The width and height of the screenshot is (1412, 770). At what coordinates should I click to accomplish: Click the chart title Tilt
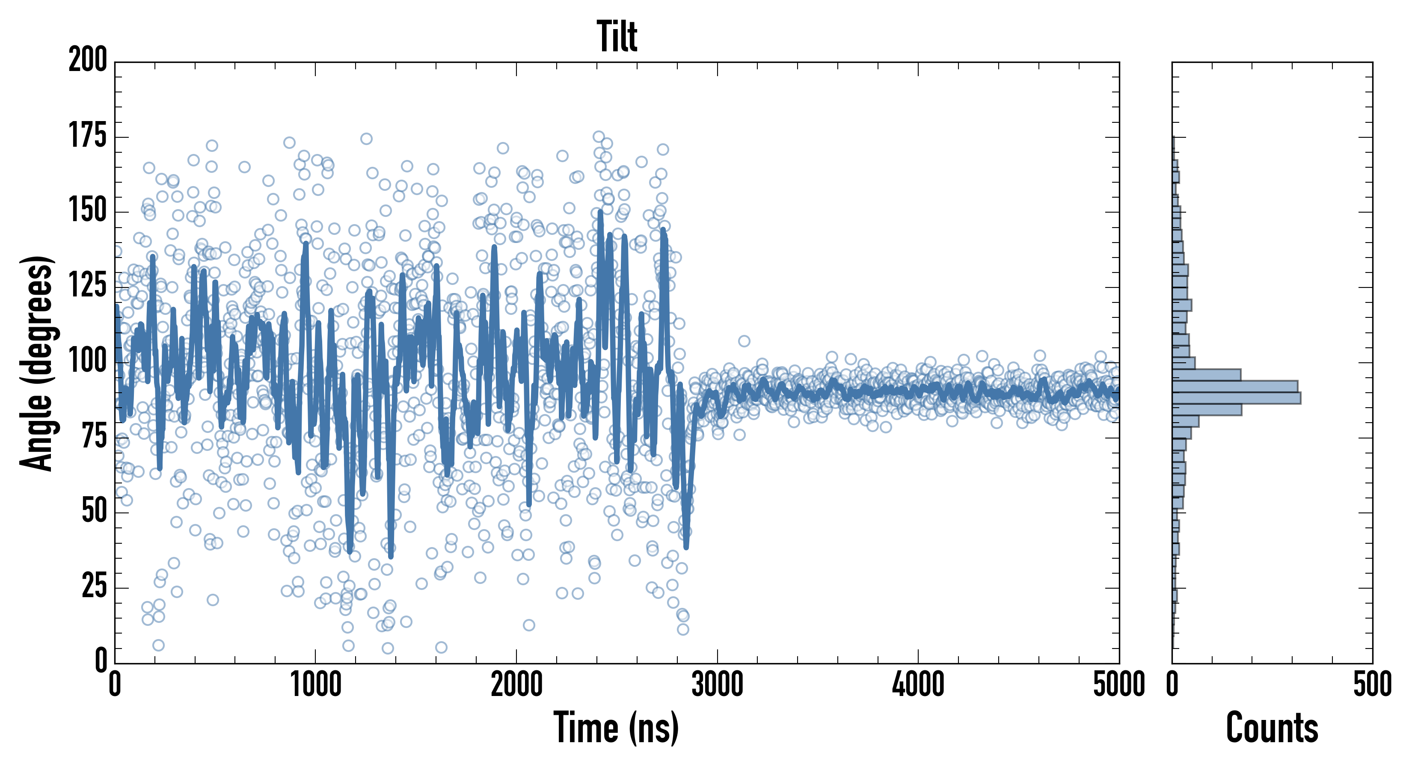(617, 37)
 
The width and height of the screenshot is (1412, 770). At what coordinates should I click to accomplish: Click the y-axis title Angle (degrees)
(37, 363)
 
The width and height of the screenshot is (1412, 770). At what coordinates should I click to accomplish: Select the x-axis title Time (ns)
(616, 727)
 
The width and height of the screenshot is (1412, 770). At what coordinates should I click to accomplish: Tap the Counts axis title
(1272, 727)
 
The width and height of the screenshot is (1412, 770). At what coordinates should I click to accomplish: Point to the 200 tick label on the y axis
(88, 60)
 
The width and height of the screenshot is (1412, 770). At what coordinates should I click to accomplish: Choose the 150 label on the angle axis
(88, 210)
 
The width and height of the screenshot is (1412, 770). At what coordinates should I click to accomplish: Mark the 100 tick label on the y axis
(88, 361)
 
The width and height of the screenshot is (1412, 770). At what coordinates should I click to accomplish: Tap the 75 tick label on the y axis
(94, 437)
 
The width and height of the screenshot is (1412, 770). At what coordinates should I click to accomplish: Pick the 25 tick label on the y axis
(94, 587)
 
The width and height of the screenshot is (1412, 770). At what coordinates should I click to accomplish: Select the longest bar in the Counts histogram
(1236, 398)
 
